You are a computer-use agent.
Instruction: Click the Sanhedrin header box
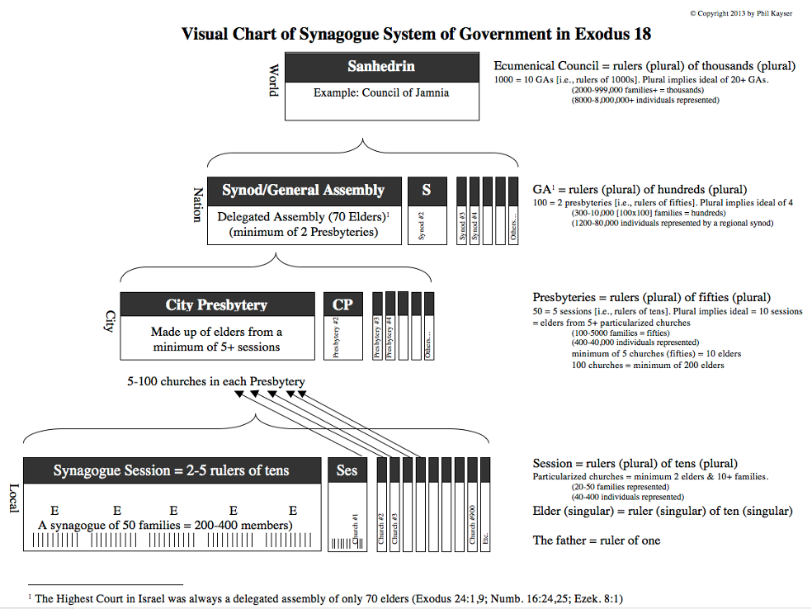point(381,66)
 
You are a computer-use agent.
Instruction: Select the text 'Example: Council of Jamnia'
point(381,93)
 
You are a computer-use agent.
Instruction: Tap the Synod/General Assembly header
point(304,191)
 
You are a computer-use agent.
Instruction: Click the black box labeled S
point(427,191)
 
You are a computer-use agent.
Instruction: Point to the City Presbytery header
point(217,305)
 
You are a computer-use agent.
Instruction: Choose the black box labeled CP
point(342,305)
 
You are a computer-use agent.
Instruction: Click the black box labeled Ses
point(347,471)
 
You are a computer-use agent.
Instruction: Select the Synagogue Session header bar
point(172,471)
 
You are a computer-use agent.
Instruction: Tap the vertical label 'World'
point(274,81)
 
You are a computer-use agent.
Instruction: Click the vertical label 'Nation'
point(198,204)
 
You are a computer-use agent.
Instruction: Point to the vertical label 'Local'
point(12,498)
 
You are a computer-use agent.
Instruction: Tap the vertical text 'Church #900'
point(473,526)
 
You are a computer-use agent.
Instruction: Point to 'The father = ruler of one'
point(597,541)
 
